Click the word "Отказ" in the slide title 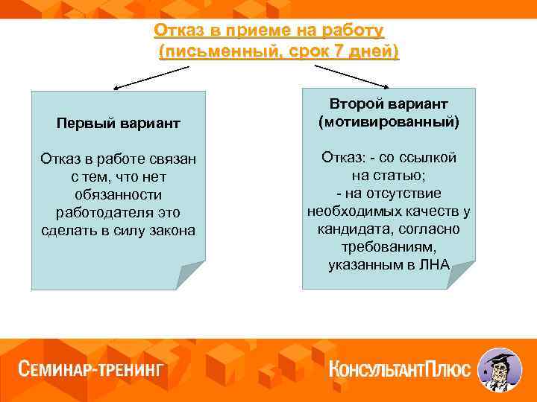177,31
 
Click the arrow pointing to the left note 149,76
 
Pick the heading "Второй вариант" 388,104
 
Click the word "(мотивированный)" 388,121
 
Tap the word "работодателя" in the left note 118,212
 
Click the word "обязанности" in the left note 118,194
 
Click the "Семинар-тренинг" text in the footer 90,370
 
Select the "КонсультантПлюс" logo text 400,369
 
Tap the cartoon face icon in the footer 498,369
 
